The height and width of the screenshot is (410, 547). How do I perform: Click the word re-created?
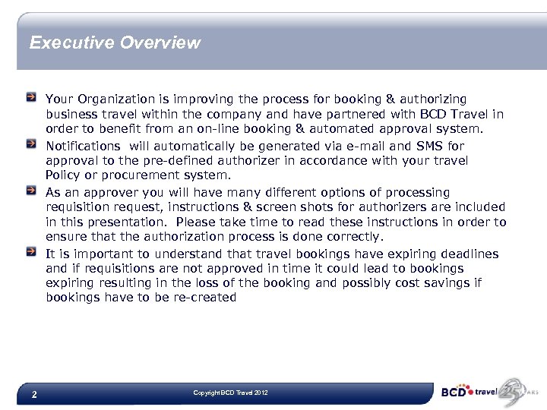pos(206,298)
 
